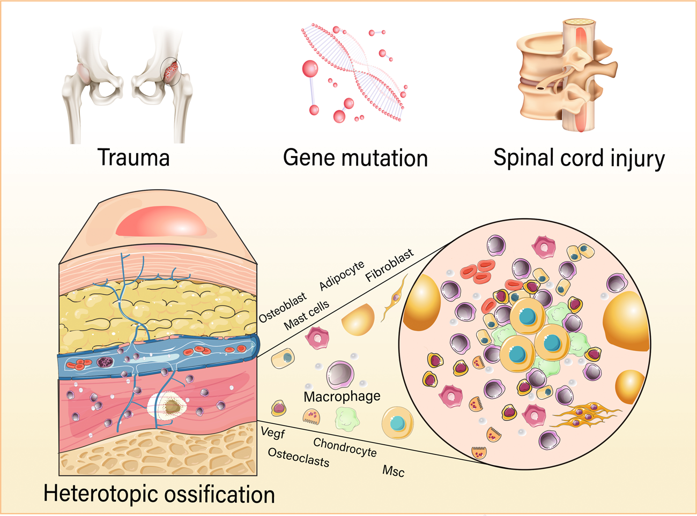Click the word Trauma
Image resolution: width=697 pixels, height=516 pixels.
pyautogui.click(x=134, y=158)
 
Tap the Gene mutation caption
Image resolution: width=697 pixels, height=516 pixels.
pyautogui.click(x=355, y=158)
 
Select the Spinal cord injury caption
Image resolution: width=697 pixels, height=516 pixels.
pyautogui.click(x=579, y=159)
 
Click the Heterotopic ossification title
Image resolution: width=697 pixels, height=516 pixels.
pyautogui.click(x=159, y=493)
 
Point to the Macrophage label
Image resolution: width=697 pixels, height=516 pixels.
pyautogui.click(x=342, y=397)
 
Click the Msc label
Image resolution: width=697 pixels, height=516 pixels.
pyautogui.click(x=393, y=471)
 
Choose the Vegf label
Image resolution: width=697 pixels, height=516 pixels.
pyautogui.click(x=273, y=432)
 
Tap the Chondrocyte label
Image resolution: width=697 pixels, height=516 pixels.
pyautogui.click(x=345, y=447)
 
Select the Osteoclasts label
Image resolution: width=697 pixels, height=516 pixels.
pyautogui.click(x=298, y=457)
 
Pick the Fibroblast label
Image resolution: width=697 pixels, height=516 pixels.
pyautogui.click(x=389, y=265)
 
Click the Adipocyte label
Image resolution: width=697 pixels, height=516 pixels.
pyautogui.click(x=342, y=275)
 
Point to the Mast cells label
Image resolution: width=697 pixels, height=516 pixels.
pyautogui.click(x=306, y=316)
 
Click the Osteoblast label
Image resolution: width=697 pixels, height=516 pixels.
pyautogui.click(x=282, y=308)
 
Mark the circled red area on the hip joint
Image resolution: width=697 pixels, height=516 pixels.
pyautogui.click(x=171, y=71)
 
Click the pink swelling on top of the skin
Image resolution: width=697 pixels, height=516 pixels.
pyautogui.click(x=161, y=222)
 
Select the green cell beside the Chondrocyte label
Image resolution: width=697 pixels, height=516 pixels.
pyautogui.click(x=347, y=419)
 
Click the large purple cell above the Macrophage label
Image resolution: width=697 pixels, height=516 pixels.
pyautogui.click(x=340, y=374)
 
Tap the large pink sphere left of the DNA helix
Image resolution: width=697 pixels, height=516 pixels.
pyautogui.click(x=310, y=69)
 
